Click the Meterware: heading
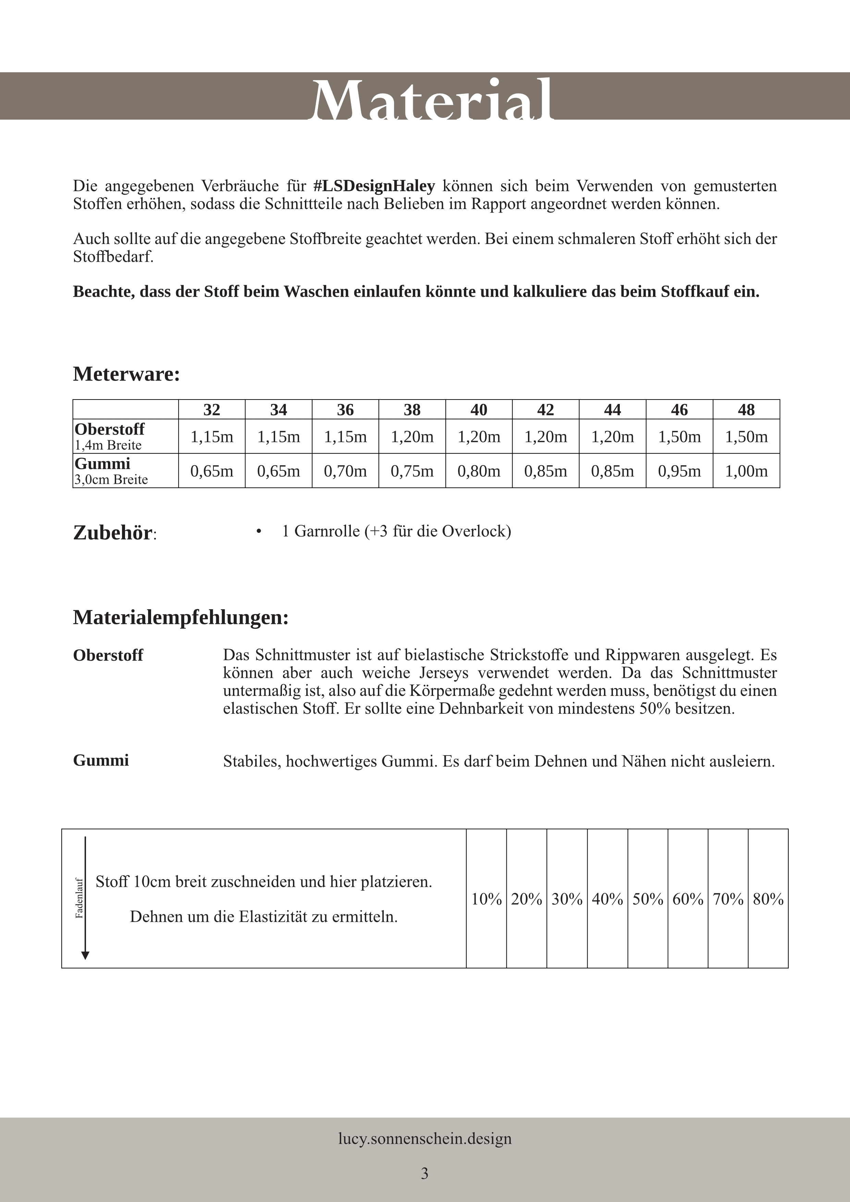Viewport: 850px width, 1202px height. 126,374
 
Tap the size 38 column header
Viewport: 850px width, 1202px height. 412,409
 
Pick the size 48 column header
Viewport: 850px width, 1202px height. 746,409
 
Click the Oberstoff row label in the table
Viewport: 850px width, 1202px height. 109,429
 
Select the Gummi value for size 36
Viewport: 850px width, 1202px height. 345,471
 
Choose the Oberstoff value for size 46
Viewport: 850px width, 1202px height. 679,437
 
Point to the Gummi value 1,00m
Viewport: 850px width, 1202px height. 746,471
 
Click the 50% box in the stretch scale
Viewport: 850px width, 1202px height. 648,899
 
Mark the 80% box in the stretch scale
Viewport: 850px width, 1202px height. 768,899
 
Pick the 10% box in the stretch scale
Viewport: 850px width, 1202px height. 486,899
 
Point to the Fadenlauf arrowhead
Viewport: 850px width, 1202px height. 85,955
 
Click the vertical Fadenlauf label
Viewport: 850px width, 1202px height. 79,898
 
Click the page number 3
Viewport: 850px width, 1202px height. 424,1173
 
